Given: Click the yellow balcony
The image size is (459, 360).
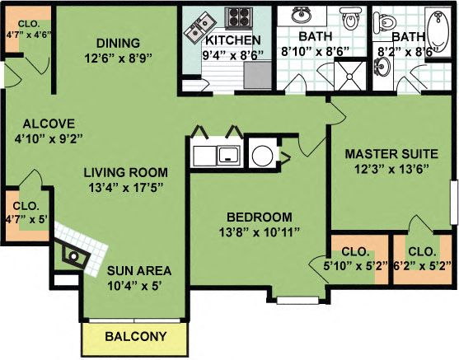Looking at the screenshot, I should click(x=135, y=337).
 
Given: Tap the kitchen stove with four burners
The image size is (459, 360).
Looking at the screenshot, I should click(x=240, y=17).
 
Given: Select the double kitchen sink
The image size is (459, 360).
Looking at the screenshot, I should click(x=199, y=30).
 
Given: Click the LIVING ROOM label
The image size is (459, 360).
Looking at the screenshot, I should click(x=125, y=173).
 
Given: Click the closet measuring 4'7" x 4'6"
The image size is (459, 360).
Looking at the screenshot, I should click(x=27, y=29).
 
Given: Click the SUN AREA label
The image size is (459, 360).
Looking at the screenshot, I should click(x=139, y=270).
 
